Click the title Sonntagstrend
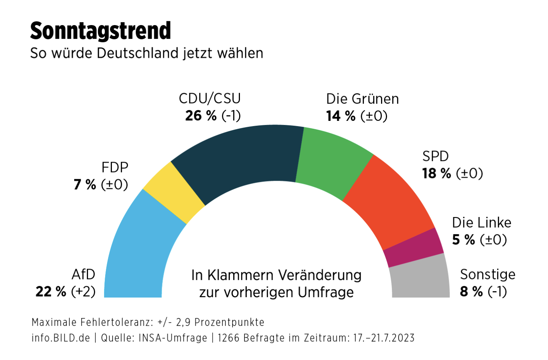[x=100, y=31]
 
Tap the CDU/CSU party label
[x=210, y=98]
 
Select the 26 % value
[x=201, y=116]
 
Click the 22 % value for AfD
[x=51, y=292]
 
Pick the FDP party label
[x=115, y=167]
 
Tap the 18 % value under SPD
[x=436, y=173]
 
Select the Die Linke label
[x=481, y=223]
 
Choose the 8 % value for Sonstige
[x=471, y=292]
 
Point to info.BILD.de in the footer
[x=61, y=338]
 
